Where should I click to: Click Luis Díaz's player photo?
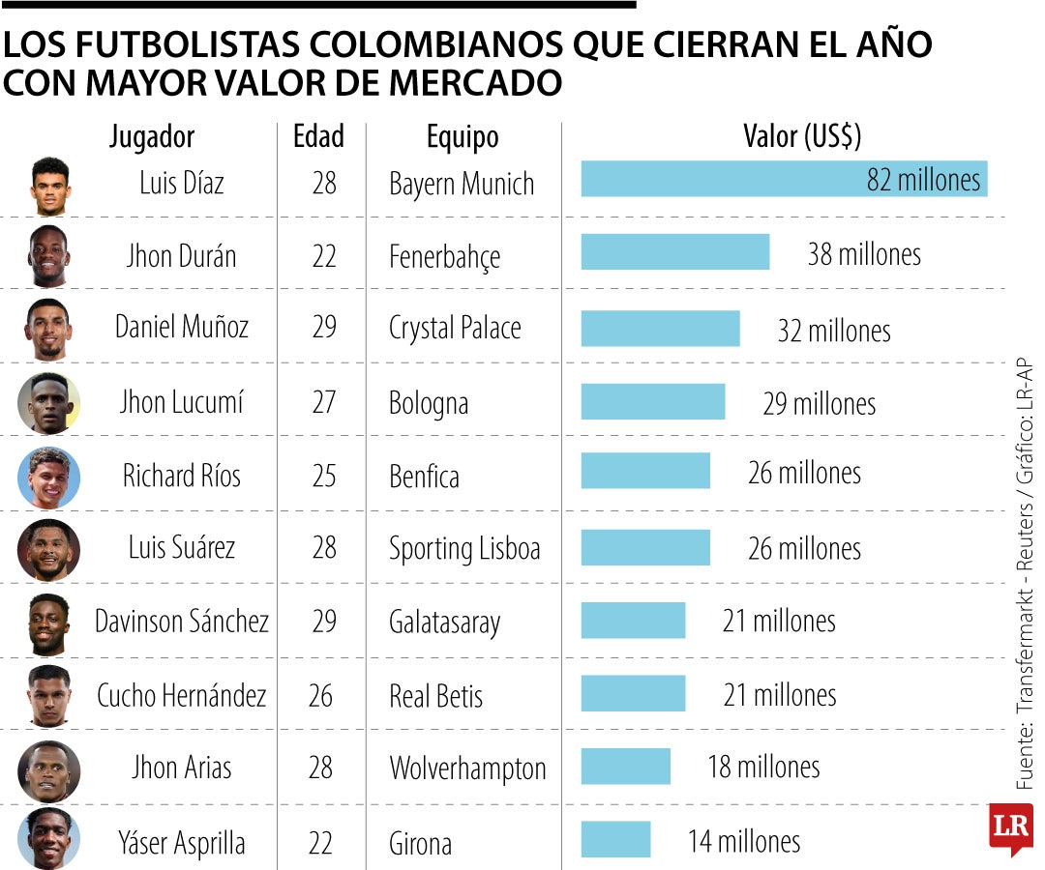pos(50,186)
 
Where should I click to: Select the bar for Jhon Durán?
pos(674,252)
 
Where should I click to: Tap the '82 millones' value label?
pos(923,180)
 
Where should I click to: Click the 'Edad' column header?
pos(318,136)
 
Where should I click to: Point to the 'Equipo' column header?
pos(463,136)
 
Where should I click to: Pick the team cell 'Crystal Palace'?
pos(455,328)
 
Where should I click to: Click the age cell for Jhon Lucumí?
pos(323,401)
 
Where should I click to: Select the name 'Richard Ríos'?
pos(181,475)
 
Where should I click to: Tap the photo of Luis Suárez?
pos(48,549)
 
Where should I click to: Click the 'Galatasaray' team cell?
pos(444,623)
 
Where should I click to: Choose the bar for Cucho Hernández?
pos(633,693)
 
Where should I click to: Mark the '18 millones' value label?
pos(763,768)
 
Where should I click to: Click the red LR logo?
pos(1011,827)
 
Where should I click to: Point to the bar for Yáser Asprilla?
pos(615,839)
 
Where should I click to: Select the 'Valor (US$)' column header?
pos(801,136)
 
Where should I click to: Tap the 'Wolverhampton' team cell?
pos(467,768)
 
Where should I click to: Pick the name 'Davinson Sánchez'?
pos(181,621)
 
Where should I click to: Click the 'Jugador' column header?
pos(152,136)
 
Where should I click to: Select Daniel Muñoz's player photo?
pos(48,329)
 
